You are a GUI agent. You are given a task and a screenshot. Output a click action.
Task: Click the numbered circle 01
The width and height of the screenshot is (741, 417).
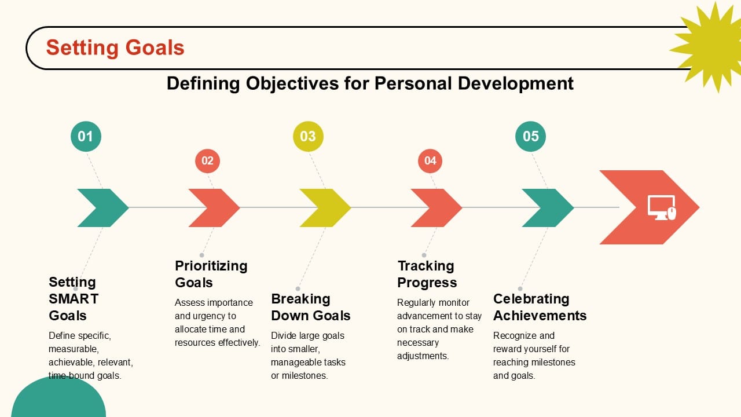point(86,137)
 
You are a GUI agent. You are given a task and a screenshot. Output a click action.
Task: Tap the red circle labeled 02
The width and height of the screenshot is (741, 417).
point(207,160)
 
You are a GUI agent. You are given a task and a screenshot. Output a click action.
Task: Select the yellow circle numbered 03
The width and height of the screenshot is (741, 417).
point(308,137)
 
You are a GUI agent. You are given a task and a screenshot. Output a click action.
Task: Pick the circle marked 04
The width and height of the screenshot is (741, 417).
point(430,160)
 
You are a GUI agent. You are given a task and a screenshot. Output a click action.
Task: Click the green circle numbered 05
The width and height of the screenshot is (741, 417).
point(531,137)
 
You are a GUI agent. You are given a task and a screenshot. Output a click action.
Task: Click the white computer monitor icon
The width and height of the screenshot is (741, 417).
point(661,207)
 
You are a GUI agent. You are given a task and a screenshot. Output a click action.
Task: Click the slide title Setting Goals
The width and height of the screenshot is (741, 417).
point(115,47)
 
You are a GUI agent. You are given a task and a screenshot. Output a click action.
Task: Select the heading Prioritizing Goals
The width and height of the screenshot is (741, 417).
point(211,274)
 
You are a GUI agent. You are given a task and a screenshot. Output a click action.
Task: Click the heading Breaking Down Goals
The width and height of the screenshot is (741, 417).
point(310,307)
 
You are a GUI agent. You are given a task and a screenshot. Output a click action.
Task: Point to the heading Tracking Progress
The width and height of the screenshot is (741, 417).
point(427,274)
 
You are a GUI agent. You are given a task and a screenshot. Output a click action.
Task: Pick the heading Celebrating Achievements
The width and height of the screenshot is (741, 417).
point(540,307)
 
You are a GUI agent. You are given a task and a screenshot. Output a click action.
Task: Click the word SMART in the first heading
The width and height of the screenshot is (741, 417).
point(74,299)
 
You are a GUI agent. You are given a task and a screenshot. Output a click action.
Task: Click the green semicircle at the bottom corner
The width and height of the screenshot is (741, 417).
point(58,400)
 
